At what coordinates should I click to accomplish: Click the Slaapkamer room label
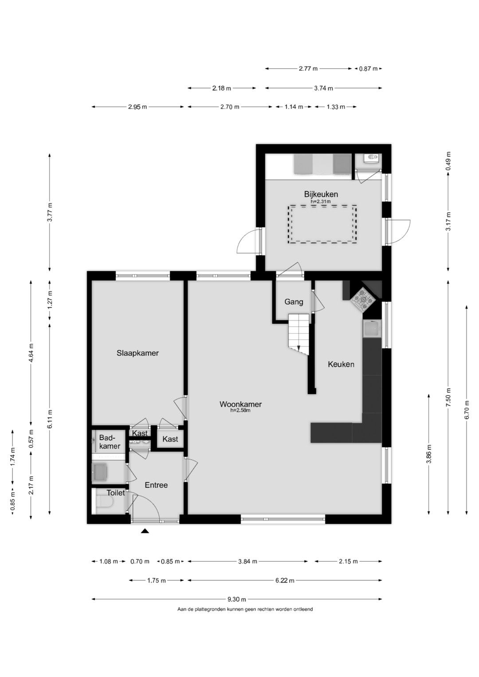137,353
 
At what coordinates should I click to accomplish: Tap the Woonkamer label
240,404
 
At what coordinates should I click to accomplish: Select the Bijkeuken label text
321,194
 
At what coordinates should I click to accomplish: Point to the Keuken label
341,364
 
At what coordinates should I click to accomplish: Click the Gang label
294,301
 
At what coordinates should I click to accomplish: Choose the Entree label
156,485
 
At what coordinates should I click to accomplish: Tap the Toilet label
115,493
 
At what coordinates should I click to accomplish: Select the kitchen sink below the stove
372,329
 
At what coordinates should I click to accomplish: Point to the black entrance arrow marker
145,531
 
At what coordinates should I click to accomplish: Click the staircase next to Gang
299,334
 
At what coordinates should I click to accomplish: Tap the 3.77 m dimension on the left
50,212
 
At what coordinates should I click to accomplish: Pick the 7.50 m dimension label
448,397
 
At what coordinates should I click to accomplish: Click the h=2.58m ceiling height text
240,410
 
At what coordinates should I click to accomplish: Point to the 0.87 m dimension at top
368,69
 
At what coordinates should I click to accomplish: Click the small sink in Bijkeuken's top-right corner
371,157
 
